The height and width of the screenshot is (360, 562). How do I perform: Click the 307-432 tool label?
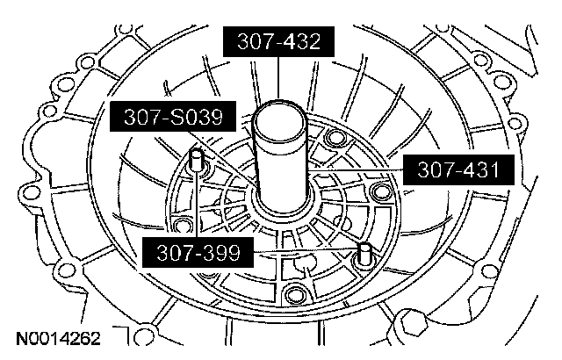click(278, 41)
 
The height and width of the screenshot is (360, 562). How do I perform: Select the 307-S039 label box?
click(173, 117)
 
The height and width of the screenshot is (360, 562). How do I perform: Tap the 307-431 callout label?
click(458, 169)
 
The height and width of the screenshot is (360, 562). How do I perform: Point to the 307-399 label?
click(198, 252)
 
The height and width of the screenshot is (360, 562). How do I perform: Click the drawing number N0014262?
click(59, 339)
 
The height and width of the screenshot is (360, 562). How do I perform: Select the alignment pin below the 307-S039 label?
click(196, 160)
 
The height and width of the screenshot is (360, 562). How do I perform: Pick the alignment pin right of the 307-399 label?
click(364, 253)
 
